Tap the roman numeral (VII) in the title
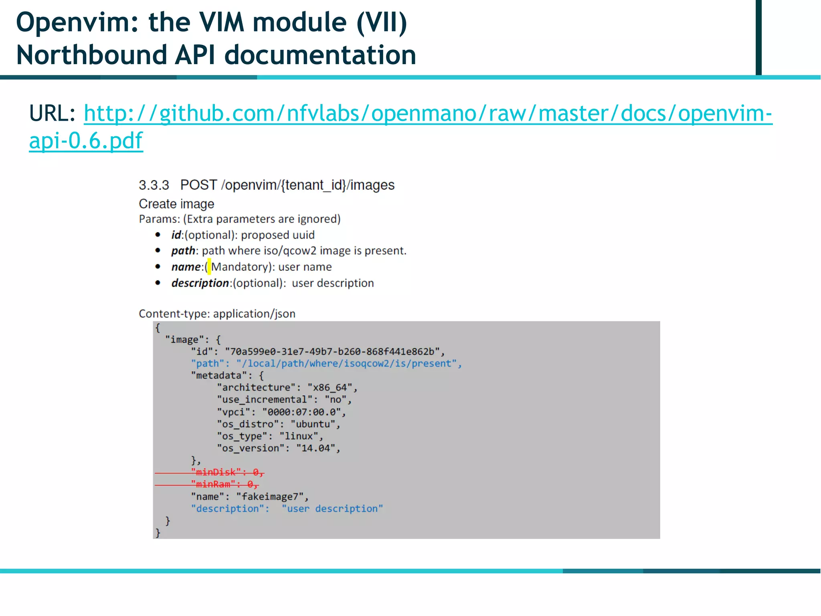(x=382, y=22)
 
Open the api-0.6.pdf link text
(x=86, y=141)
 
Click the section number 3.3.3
(x=154, y=185)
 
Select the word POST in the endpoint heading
(x=198, y=185)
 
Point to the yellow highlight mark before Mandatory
(x=209, y=267)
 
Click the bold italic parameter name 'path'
(x=183, y=251)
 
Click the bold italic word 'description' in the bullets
(x=200, y=283)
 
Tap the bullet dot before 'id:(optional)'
(x=158, y=235)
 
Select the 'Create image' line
(x=176, y=204)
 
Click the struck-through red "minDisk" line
(x=227, y=472)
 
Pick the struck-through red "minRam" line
(x=224, y=484)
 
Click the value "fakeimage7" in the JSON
(x=270, y=496)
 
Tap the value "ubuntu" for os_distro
(x=313, y=424)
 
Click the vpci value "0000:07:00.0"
(x=301, y=412)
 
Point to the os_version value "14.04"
(x=315, y=448)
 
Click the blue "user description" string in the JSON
(x=332, y=509)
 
